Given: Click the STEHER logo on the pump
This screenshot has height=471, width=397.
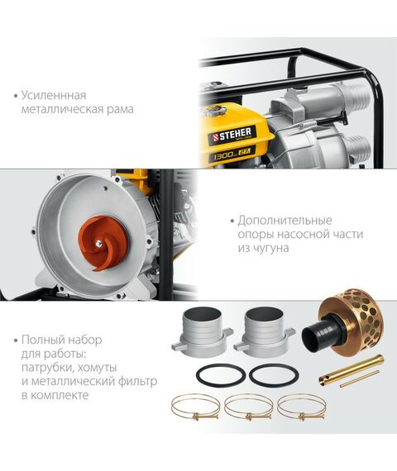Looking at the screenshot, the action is (x=232, y=135).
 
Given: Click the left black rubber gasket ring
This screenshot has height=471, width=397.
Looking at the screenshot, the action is (x=221, y=375).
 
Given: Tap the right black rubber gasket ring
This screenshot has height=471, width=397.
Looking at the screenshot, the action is (x=274, y=375).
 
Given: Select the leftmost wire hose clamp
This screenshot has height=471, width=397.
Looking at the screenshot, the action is (x=196, y=407).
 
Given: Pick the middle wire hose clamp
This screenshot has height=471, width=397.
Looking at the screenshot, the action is (x=249, y=407).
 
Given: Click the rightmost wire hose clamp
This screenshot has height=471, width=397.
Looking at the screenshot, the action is (x=302, y=407).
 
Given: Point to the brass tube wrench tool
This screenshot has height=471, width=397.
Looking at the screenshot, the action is (x=351, y=369).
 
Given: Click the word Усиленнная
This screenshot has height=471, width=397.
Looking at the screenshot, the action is (x=54, y=96).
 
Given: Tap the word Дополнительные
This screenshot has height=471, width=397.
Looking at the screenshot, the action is (x=285, y=221).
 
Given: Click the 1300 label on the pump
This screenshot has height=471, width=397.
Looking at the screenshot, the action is (x=223, y=155).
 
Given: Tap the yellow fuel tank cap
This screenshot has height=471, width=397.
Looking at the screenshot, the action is (x=215, y=111).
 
